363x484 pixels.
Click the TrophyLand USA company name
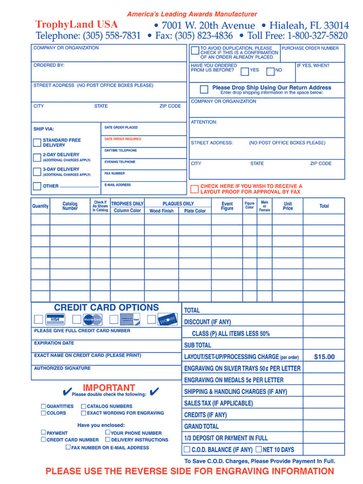(76, 24)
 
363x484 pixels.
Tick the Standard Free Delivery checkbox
(37, 143)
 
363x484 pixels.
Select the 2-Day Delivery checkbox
(37, 157)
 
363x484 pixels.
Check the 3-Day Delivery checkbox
(37, 172)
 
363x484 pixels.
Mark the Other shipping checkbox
(37, 186)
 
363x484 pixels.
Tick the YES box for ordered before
(245, 71)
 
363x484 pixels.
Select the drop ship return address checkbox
(204, 89)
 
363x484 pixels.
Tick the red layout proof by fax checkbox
(195, 189)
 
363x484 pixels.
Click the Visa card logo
(55, 320)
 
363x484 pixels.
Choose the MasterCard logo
(93, 320)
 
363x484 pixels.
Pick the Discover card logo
(168, 320)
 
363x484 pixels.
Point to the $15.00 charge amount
(324, 357)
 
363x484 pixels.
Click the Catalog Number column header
(70, 206)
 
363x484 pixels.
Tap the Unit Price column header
(288, 206)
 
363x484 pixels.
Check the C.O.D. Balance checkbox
(187, 450)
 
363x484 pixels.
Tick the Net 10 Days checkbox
(259, 450)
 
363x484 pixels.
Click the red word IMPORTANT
(109, 388)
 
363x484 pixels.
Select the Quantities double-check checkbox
(43, 406)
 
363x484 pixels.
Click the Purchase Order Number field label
(310, 48)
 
